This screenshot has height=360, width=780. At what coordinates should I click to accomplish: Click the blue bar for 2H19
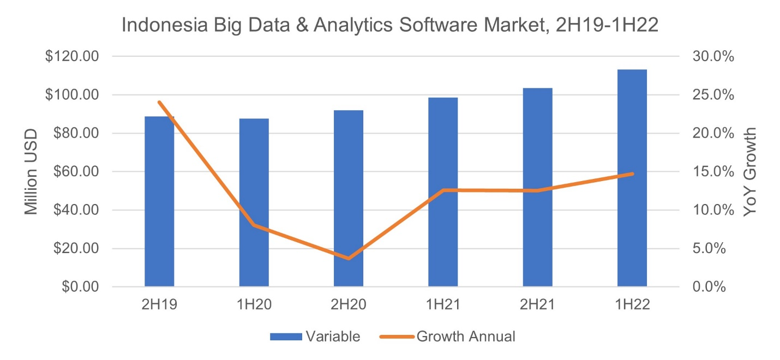(159, 202)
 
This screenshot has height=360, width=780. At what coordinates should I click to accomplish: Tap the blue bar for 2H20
(349, 199)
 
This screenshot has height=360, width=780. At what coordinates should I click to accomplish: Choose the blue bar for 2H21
(537, 188)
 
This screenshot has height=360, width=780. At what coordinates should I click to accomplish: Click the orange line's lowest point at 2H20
(349, 258)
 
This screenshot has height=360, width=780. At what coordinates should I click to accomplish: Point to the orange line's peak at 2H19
(159, 102)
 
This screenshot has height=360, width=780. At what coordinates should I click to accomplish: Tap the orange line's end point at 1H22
(632, 174)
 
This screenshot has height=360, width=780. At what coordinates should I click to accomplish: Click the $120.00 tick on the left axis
(73, 57)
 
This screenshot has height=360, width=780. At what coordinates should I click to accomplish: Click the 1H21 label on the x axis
(443, 305)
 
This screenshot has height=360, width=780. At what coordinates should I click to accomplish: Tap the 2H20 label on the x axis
(349, 305)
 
